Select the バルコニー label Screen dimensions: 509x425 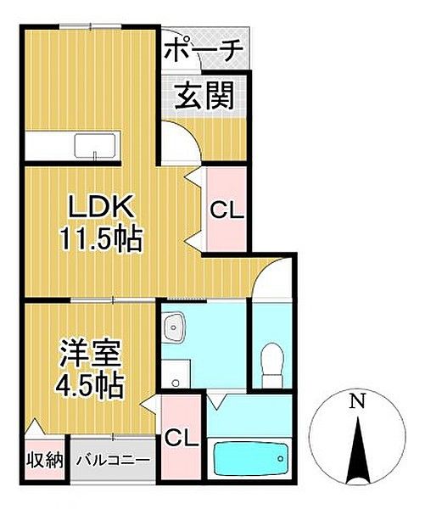113,461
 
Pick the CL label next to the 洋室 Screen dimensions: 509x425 182,439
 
